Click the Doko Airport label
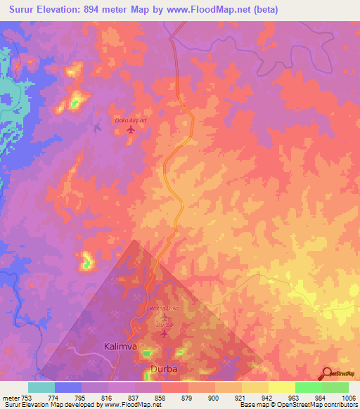point(131,121)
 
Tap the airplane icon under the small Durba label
point(164,333)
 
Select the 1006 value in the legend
point(349,397)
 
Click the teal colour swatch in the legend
point(41,387)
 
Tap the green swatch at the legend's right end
point(335,387)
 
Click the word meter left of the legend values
point(10,397)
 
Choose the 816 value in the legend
point(108,397)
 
